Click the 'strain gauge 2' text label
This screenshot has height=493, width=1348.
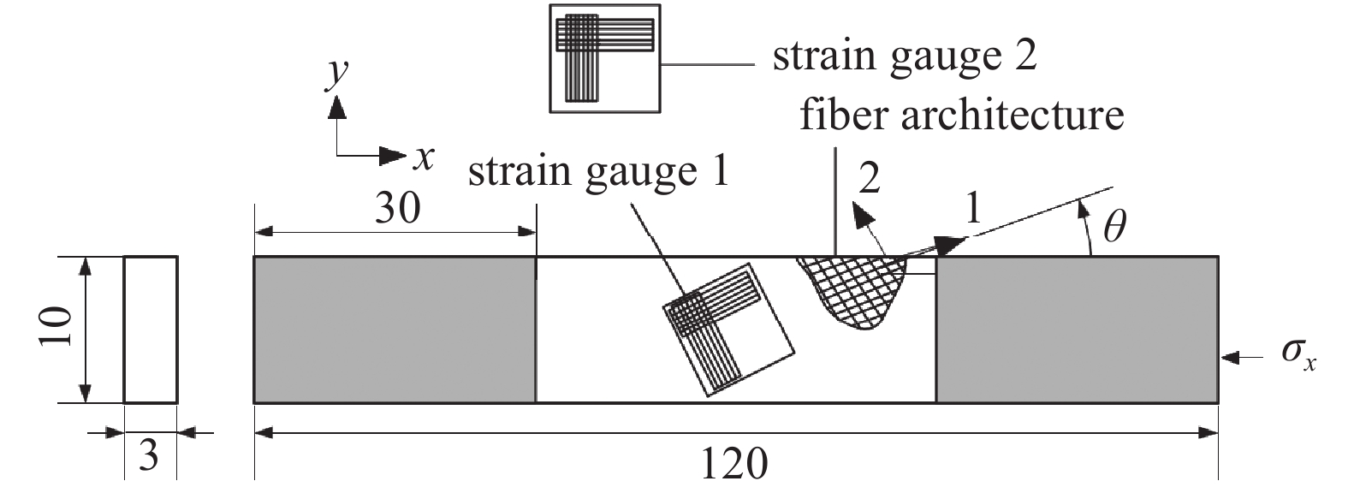click(x=905, y=56)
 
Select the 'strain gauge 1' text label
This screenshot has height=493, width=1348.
click(x=598, y=172)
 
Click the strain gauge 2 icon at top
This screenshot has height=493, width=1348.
click(x=605, y=57)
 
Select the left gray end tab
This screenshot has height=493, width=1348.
click(x=395, y=330)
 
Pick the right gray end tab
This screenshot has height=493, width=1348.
click(x=1077, y=330)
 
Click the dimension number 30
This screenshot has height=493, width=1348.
click(x=398, y=208)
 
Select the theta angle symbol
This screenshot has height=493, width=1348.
click(x=1113, y=227)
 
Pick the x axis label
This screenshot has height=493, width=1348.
click(x=423, y=156)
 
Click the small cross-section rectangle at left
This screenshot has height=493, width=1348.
click(x=151, y=330)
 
